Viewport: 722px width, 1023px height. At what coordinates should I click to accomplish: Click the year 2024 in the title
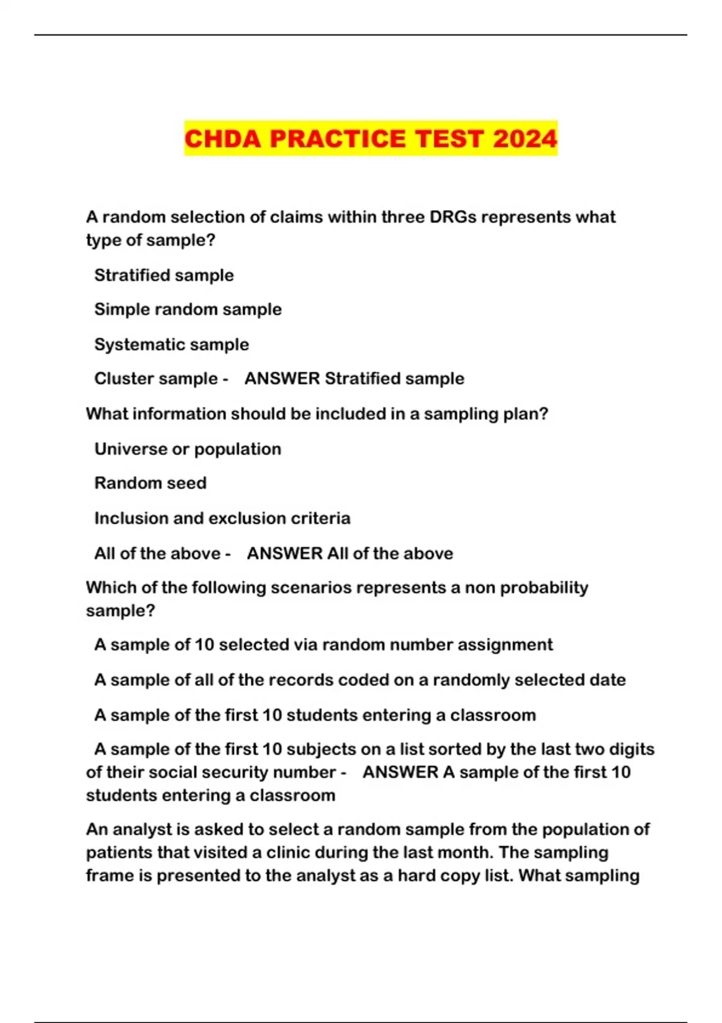525,139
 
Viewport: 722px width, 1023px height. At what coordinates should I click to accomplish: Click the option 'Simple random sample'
188,309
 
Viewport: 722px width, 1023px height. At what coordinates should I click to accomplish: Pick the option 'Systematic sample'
171,344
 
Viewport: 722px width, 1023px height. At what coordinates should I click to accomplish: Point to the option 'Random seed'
150,483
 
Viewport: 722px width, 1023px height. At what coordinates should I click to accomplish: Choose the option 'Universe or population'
188,449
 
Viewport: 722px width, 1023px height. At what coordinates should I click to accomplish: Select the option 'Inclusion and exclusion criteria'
222,518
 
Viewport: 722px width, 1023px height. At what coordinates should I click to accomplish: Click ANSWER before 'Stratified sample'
282,379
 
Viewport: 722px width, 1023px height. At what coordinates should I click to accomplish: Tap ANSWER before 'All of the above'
285,554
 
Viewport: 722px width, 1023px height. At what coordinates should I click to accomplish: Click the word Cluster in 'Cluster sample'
123,379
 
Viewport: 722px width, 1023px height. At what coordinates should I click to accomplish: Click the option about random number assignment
323,645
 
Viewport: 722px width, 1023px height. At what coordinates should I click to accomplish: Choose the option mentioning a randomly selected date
360,680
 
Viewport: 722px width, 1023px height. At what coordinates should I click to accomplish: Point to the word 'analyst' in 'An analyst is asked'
141,829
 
